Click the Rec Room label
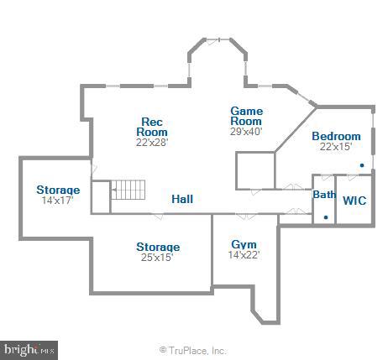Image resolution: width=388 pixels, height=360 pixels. [x=153, y=127]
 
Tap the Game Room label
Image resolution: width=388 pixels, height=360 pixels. [x=247, y=116]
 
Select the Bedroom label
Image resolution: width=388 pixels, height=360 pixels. [x=336, y=137]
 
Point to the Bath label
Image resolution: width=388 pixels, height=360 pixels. [x=324, y=195]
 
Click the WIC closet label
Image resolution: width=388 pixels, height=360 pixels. [x=354, y=201]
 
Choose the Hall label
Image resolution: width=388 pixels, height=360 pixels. [x=182, y=200]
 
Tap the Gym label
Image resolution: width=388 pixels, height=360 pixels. [x=244, y=244]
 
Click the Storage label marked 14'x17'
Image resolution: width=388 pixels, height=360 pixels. [x=58, y=190]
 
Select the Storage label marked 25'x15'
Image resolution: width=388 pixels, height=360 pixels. [x=158, y=247]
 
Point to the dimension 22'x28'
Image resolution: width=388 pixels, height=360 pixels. [x=153, y=142]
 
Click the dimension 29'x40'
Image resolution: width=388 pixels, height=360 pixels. [x=247, y=131]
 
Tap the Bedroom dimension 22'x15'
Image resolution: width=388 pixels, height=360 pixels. [x=336, y=147]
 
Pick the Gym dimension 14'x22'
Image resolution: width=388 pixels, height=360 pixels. [x=244, y=254]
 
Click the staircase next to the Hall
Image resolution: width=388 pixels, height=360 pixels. [x=129, y=191]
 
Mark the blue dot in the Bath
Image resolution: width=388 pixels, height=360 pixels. [x=326, y=217]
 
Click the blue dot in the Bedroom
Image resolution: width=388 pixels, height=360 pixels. [x=362, y=165]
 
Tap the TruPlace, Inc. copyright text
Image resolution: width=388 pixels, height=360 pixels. [x=193, y=350]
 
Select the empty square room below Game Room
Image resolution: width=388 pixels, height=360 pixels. [x=255, y=170]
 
